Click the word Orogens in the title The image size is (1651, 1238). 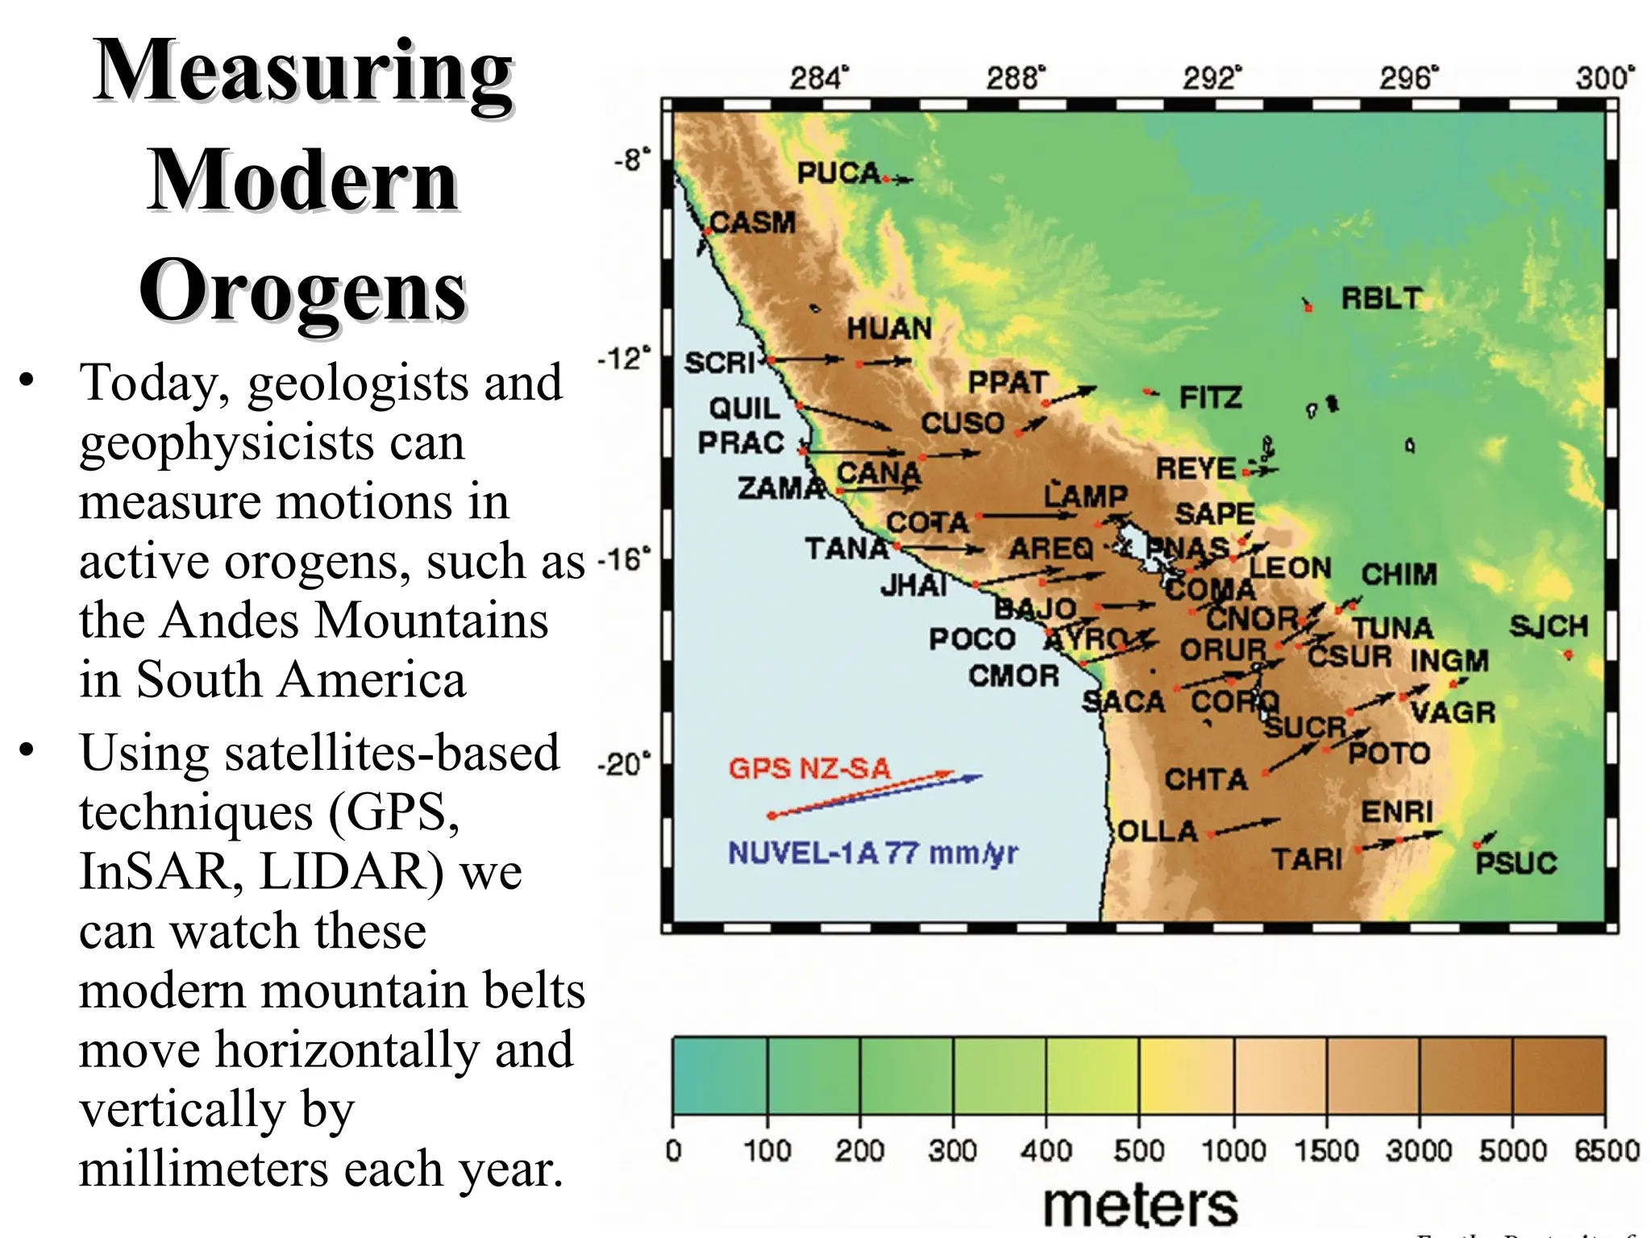coord(303,290)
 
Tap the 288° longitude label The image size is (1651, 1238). coord(1015,78)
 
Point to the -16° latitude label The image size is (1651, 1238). coord(623,559)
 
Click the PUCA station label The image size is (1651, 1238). coord(838,172)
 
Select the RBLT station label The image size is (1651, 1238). coord(1381,298)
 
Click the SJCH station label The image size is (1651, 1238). coord(1549,625)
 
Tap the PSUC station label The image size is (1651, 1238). coord(1516,863)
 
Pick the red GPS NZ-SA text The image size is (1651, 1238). coord(809,768)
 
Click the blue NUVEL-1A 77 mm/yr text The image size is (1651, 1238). coord(873,853)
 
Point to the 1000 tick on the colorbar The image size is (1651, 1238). coord(1233,1149)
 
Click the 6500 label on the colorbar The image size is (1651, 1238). coord(1607,1149)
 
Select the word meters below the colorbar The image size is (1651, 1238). coord(1140,1206)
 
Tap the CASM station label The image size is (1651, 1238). coord(752,222)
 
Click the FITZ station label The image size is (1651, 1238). coord(1210,397)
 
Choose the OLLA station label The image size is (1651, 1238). coord(1158,831)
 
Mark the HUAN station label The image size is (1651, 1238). coord(888,328)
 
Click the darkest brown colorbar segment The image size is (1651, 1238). coord(1558,1075)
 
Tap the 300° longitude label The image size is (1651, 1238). coord(1605,78)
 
